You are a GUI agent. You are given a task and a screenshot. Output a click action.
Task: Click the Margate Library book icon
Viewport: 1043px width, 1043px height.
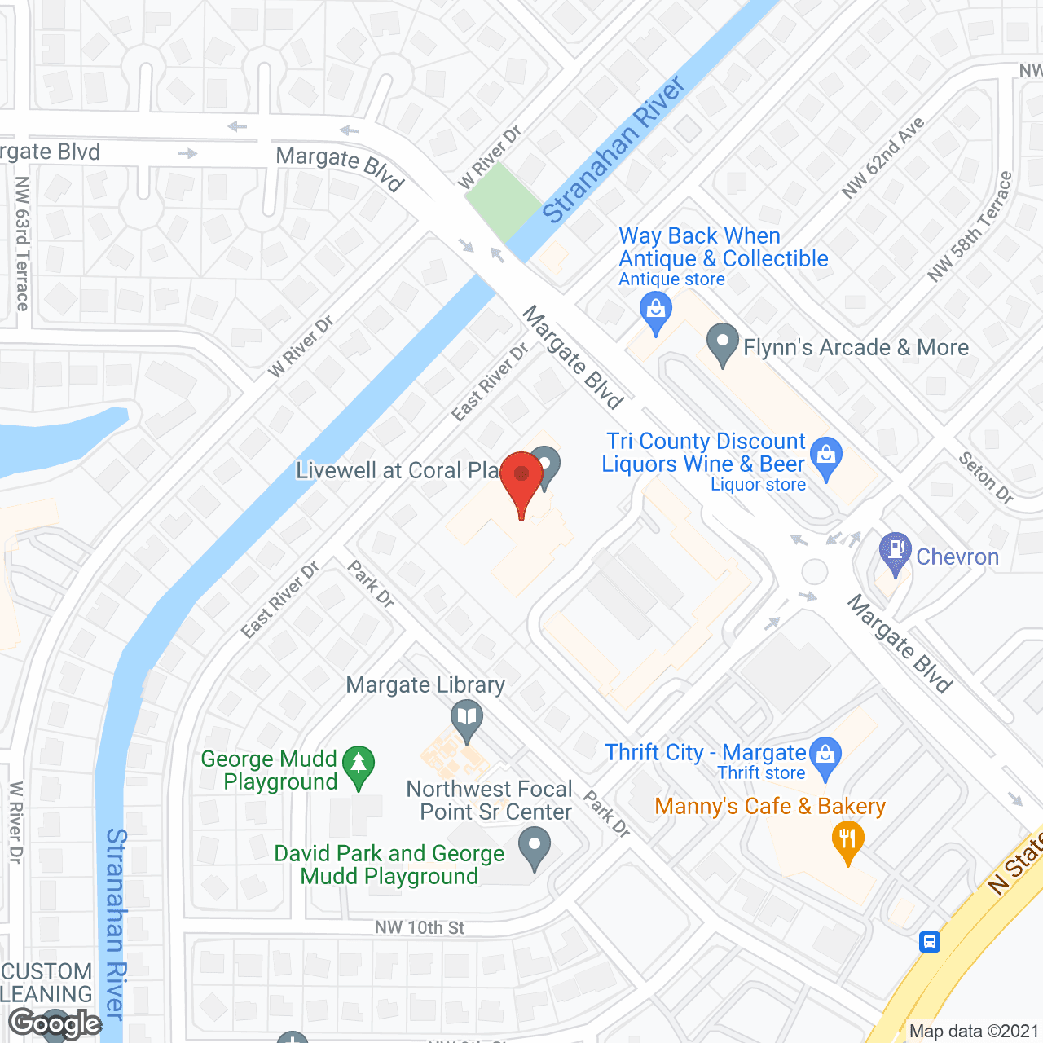466,720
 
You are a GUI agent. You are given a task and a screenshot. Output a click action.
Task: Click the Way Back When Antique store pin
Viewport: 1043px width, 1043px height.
656,311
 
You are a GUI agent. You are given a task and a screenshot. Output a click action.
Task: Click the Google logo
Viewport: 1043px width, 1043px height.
55,1023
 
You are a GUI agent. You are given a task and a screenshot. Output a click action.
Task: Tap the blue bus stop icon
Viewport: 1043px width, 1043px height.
929,942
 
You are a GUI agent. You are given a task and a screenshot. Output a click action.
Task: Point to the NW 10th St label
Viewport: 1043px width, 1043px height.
420,927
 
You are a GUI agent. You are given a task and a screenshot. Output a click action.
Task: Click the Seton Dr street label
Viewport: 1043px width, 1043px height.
985,477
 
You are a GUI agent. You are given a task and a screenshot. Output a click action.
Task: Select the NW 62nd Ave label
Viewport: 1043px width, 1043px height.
883,158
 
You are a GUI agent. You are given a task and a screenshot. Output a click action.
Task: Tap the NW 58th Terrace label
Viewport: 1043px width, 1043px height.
970,227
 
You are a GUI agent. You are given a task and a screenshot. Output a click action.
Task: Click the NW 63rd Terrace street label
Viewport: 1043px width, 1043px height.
22,244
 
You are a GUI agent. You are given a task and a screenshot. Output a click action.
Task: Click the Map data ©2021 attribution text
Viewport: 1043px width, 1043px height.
974,1031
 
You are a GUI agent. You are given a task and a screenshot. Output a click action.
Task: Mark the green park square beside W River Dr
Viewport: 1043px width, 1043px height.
503,202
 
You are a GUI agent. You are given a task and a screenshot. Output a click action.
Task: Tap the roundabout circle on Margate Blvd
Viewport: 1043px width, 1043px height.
814,571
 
